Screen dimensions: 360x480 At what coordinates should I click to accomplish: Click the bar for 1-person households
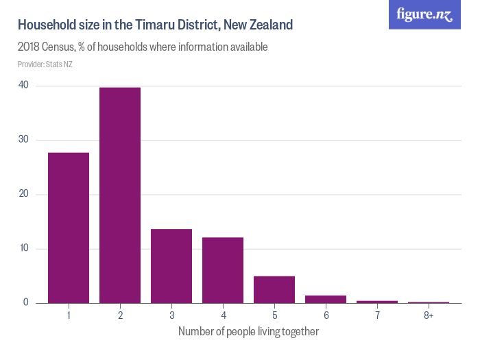[69, 228]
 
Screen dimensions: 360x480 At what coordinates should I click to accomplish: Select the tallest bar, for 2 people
[120, 195]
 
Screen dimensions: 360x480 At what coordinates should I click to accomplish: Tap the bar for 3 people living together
[171, 266]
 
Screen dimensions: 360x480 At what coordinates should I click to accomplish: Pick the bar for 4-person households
[223, 270]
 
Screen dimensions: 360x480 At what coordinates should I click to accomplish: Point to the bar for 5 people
[274, 289]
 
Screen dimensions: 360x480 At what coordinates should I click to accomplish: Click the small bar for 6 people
[326, 299]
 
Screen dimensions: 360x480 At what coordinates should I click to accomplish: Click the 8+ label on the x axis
[429, 315]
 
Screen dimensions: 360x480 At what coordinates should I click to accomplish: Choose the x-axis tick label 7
[377, 315]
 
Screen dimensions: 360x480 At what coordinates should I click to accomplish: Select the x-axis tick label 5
[274, 315]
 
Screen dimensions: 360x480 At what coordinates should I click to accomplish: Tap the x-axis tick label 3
[171, 315]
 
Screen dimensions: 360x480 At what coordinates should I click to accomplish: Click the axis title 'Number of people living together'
[248, 332]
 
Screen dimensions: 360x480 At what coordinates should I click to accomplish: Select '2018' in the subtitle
[31, 47]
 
